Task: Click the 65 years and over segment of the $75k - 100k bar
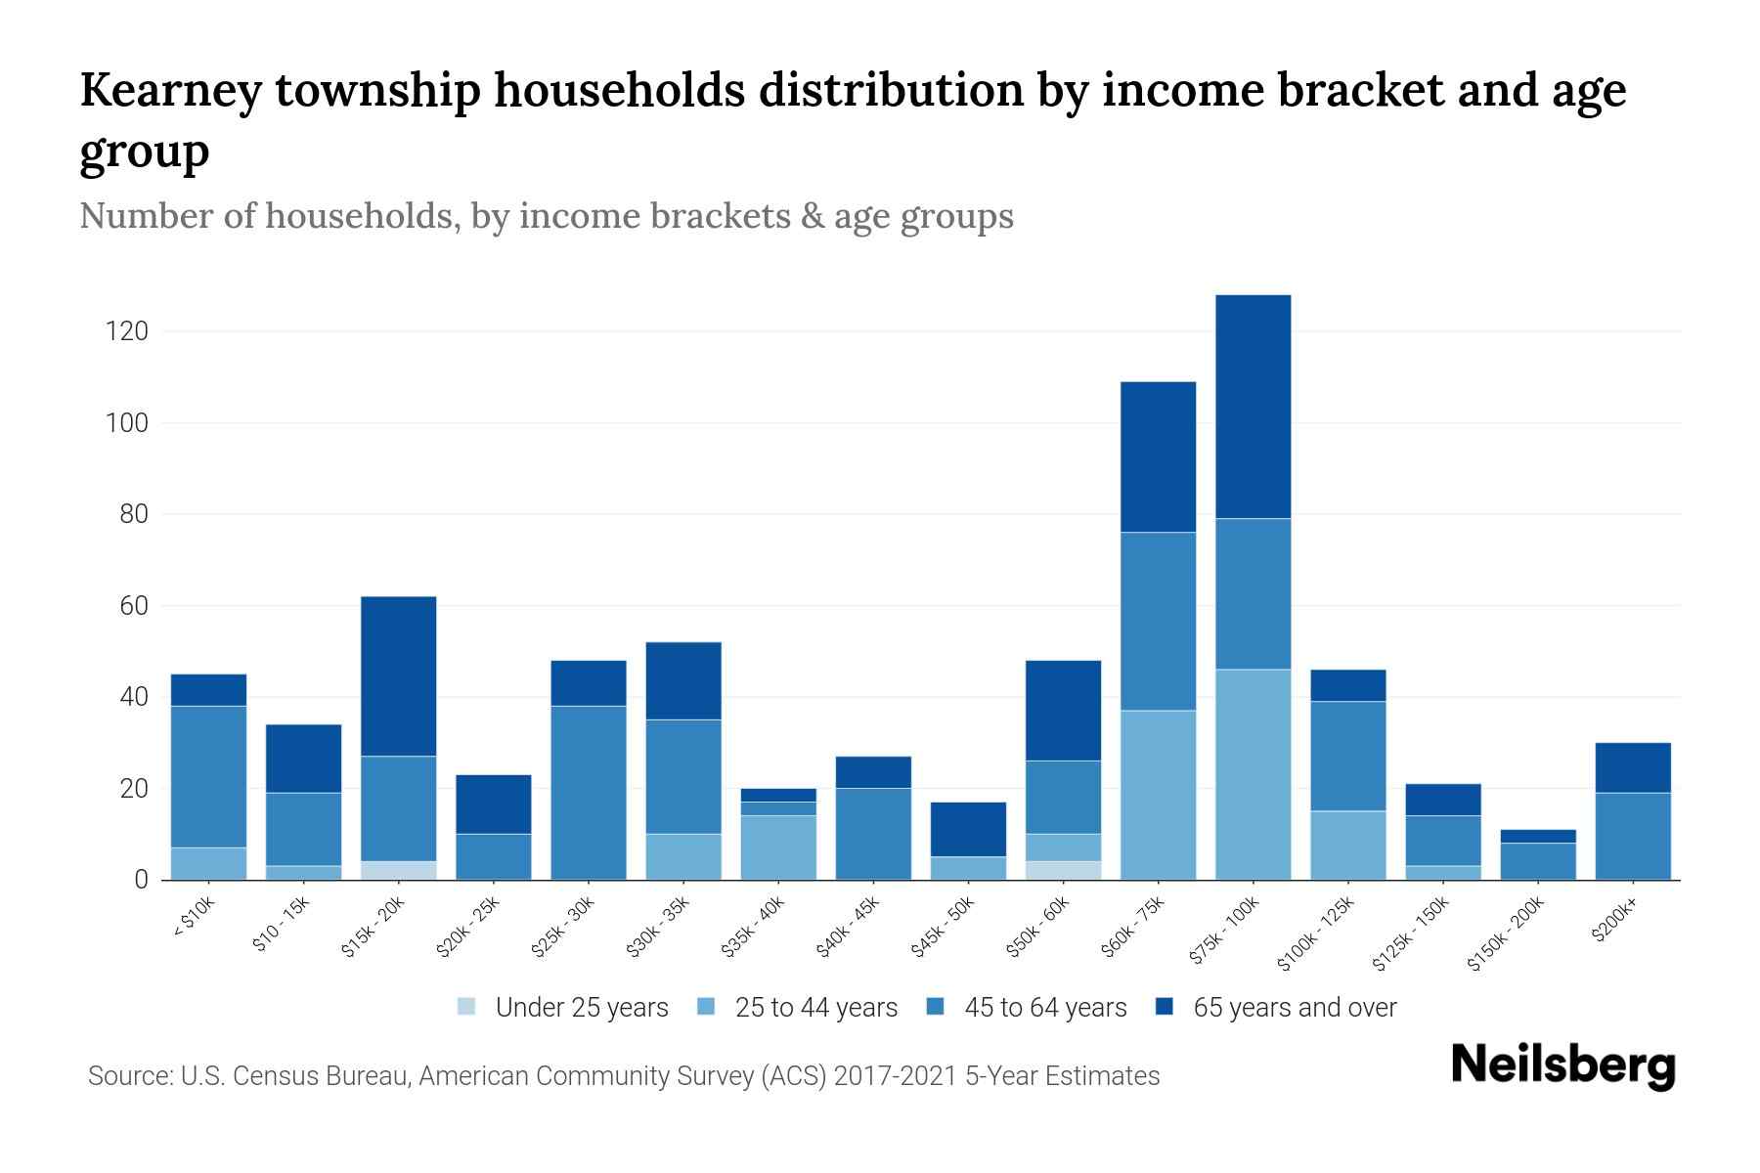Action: click(x=1253, y=407)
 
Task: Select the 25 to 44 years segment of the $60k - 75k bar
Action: click(x=1158, y=795)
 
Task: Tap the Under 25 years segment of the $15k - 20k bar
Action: click(x=399, y=870)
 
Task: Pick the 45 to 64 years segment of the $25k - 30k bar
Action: click(x=589, y=792)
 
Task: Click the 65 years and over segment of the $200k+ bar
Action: click(x=1633, y=767)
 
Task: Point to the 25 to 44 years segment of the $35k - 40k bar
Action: click(x=778, y=847)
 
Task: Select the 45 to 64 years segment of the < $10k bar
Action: click(x=208, y=776)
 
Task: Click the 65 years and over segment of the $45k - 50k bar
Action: click(x=968, y=829)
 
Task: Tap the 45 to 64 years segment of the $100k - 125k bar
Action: click(x=1347, y=756)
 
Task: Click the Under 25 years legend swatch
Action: click(x=467, y=1007)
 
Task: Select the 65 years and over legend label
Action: click(x=1294, y=1008)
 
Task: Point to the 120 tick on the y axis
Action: click(x=126, y=331)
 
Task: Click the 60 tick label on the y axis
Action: click(x=133, y=606)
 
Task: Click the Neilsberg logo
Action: click(x=1562, y=1064)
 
